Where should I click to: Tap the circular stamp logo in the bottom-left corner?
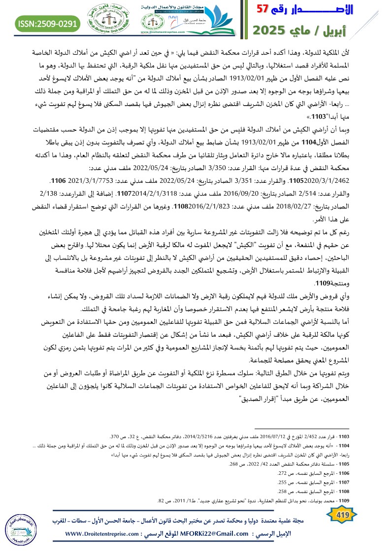pos(24,526)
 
